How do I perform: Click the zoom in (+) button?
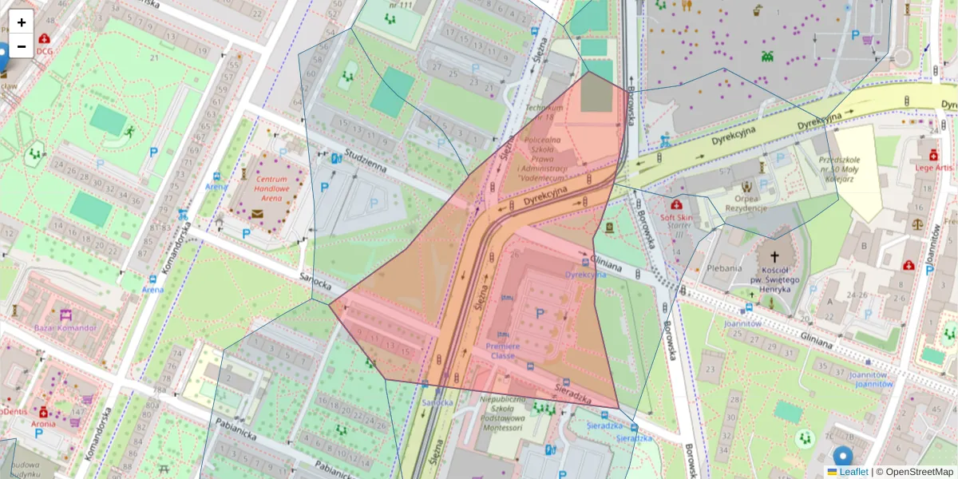[x=22, y=22]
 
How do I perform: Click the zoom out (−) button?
[x=22, y=46]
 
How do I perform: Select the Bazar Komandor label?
[x=65, y=327]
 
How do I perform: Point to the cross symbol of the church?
[x=772, y=258]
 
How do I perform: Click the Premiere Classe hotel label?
[x=503, y=351]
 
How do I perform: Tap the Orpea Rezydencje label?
[x=746, y=203]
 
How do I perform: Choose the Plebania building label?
[x=723, y=268]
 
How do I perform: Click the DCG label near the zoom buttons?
[x=44, y=51]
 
